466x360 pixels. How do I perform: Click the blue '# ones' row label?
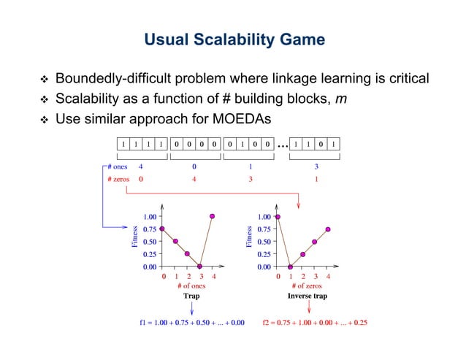pyautogui.click(x=117, y=166)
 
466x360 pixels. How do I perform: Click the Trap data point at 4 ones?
pyautogui.click(x=213, y=216)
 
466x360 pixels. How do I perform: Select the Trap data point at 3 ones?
pyautogui.click(x=200, y=267)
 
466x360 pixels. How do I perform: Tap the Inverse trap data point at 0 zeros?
pyautogui.click(x=278, y=216)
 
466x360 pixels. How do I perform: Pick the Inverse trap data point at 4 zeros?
pyautogui.click(x=328, y=229)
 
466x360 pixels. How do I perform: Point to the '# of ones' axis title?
pyautogui.click(x=191, y=286)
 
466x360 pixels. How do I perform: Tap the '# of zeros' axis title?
pyautogui.click(x=304, y=286)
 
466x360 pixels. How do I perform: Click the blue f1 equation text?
pyautogui.click(x=192, y=322)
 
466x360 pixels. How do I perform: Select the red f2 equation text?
pyautogui.click(x=315, y=322)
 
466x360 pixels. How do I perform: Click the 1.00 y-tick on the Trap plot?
pyautogui.click(x=150, y=217)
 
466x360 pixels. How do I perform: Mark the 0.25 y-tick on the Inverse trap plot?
pyautogui.click(x=261, y=254)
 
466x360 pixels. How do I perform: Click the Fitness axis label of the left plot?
pyautogui.click(x=134, y=237)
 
